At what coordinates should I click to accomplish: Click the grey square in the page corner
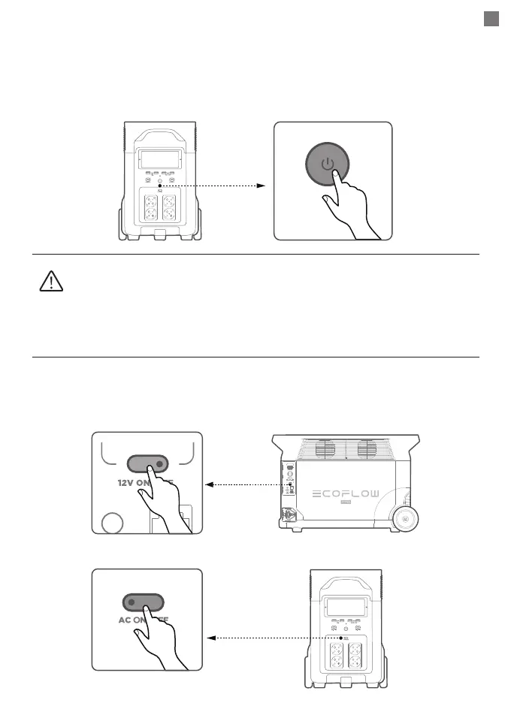(491, 19)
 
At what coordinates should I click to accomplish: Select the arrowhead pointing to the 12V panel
(210, 484)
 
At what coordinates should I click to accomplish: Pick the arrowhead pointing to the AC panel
(211, 638)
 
